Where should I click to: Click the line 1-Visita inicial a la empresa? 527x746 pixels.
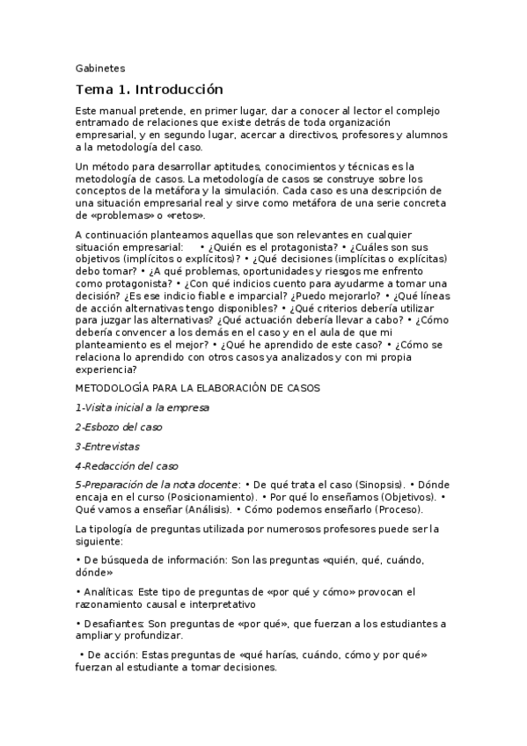142,407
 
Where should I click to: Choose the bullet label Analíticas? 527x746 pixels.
109,593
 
